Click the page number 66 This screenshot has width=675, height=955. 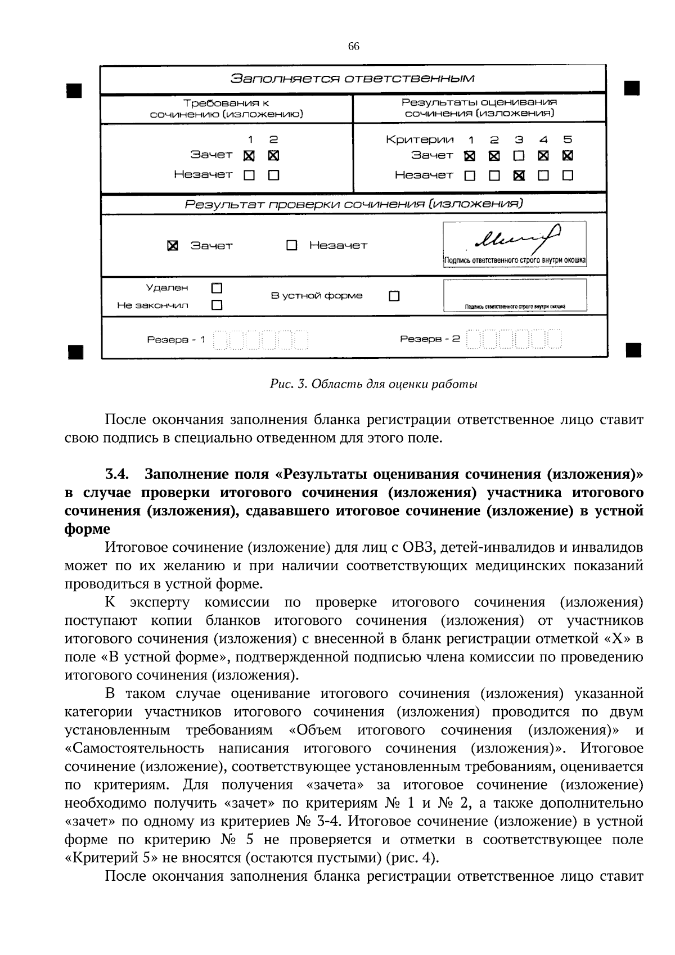coord(353,47)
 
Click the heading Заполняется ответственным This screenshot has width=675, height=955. coord(353,78)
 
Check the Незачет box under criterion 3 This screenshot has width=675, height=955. coord(519,175)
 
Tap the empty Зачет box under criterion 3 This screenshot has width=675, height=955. coord(519,156)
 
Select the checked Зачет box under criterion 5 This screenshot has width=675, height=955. coord(568,156)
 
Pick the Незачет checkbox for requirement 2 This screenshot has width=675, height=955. coord(273,175)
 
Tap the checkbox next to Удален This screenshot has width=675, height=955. coord(217,289)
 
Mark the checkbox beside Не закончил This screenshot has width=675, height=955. coord(217,305)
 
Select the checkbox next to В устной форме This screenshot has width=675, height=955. coord(394,296)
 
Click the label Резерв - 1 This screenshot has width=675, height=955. coord(176,340)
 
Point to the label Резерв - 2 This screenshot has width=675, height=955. coord(430,339)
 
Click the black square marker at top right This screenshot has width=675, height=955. coord(632,89)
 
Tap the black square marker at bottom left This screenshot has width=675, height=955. coord(74,352)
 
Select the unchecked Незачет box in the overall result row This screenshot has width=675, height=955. coord(291,246)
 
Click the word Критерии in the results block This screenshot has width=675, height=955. coord(420,139)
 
